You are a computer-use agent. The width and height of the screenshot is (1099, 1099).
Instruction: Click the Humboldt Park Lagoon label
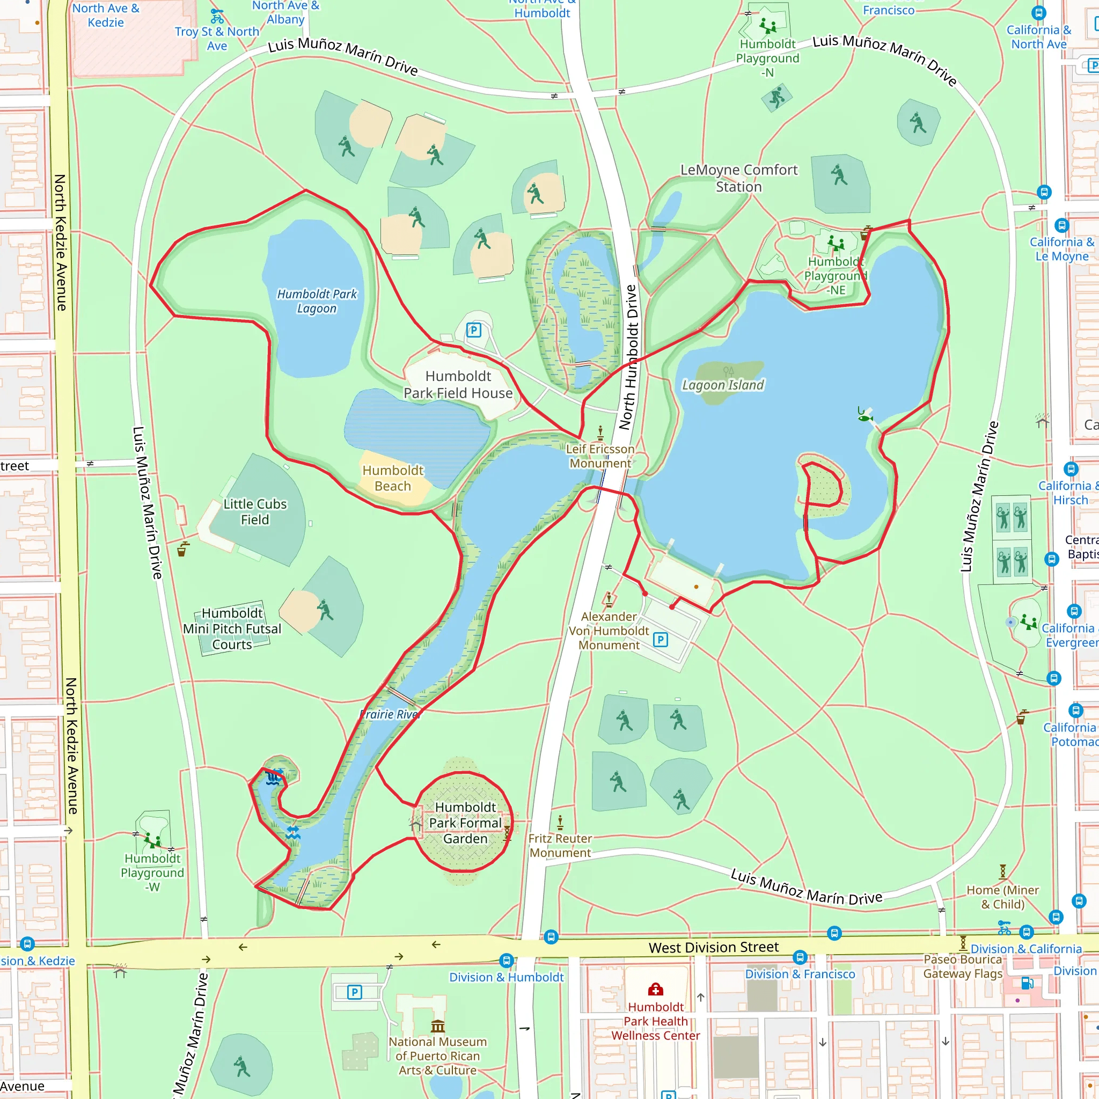(317, 302)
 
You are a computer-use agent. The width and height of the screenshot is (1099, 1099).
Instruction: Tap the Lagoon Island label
(723, 385)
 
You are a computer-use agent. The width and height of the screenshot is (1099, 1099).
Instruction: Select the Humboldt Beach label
(393, 478)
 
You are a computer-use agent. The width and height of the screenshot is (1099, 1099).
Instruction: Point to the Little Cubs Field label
(255, 512)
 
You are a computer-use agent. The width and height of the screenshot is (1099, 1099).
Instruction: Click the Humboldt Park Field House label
(458, 385)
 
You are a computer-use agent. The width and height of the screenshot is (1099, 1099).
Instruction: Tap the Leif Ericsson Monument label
(600, 456)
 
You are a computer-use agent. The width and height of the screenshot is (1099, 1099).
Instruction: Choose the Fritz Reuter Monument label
(560, 845)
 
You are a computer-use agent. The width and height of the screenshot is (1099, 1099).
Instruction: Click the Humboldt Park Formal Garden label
(465, 823)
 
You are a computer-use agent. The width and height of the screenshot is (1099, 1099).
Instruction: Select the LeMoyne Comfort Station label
(739, 178)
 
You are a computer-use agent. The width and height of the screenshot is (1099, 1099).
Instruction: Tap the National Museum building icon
(437, 1026)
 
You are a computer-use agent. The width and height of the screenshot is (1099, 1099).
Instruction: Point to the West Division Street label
(713, 947)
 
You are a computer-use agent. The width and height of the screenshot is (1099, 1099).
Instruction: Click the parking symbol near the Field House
(474, 330)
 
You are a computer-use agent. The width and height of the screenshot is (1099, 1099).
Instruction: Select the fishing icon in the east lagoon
(864, 416)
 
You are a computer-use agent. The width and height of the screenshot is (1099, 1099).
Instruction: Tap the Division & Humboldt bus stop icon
(506, 961)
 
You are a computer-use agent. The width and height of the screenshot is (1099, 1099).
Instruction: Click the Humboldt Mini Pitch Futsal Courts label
(232, 628)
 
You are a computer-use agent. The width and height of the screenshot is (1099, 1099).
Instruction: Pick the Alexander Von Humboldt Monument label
(609, 631)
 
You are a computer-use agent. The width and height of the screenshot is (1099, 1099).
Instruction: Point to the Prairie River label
(390, 714)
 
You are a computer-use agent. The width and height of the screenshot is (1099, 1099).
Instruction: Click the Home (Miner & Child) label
(1002, 897)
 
